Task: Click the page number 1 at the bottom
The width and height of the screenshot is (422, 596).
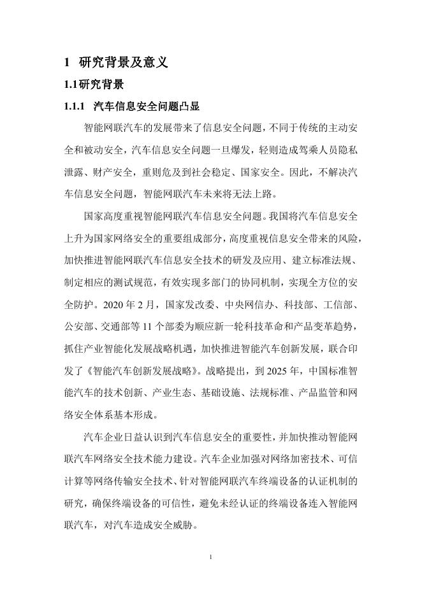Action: tap(210, 558)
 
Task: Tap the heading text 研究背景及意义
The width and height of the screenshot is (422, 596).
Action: tap(123, 62)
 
